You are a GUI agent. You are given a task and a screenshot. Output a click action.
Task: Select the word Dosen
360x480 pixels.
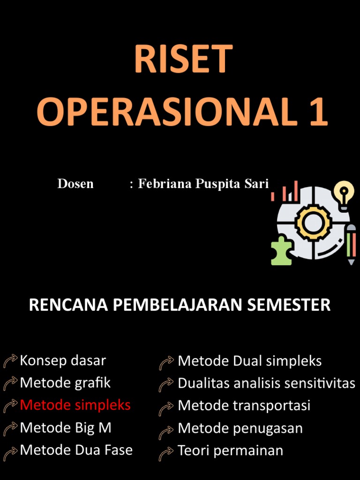(75, 184)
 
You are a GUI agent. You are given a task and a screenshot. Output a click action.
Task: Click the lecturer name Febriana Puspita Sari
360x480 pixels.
(203, 184)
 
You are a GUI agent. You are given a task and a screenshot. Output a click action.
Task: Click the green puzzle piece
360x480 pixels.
(281, 250)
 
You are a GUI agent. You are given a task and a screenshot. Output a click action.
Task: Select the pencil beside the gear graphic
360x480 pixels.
(351, 244)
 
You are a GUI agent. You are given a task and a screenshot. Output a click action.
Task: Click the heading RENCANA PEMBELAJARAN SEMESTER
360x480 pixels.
(180, 305)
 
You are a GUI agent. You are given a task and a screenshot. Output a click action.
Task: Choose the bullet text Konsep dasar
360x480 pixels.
(63, 360)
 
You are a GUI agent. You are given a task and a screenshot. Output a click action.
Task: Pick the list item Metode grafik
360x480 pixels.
(65, 382)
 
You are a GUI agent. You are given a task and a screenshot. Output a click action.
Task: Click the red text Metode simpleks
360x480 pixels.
(75, 405)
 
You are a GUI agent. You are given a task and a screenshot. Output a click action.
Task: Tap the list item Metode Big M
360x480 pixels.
(66, 427)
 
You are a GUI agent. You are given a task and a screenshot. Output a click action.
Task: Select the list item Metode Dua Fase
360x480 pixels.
(76, 450)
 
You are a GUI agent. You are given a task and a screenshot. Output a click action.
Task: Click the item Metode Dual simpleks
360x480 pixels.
(249, 361)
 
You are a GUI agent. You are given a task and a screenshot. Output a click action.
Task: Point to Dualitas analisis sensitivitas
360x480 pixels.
(266, 383)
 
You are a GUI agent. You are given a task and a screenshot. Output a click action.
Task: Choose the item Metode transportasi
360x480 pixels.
(244, 405)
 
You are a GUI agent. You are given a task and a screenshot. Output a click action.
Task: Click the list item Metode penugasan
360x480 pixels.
(240, 428)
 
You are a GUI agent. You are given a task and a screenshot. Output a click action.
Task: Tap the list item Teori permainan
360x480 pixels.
(230, 450)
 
